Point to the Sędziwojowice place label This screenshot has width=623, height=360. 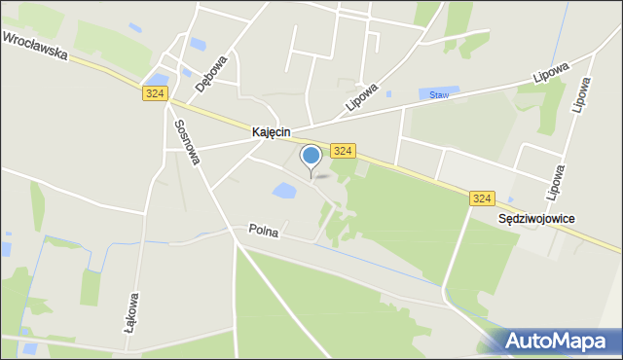click(535, 219)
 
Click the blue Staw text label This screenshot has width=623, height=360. click(439, 94)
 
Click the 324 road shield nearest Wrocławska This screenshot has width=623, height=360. click(155, 93)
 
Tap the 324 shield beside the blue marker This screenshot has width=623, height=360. click(342, 151)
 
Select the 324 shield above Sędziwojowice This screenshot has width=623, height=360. click(481, 198)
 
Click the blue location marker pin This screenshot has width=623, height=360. click(311, 156)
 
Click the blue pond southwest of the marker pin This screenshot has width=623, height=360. click(284, 191)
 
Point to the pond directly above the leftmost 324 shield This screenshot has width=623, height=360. click(155, 79)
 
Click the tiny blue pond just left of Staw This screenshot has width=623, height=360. click(388, 94)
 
